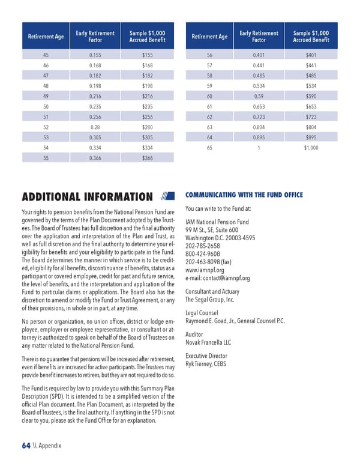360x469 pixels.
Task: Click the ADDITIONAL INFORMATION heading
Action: (87, 197)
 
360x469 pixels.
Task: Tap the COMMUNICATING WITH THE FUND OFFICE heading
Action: (244, 195)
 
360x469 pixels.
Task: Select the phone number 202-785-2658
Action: (203, 246)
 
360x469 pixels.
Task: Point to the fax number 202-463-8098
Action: (208, 262)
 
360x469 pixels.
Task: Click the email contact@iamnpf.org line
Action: (218, 278)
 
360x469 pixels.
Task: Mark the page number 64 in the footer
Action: (26, 445)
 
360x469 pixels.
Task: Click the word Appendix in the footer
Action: (50, 446)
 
